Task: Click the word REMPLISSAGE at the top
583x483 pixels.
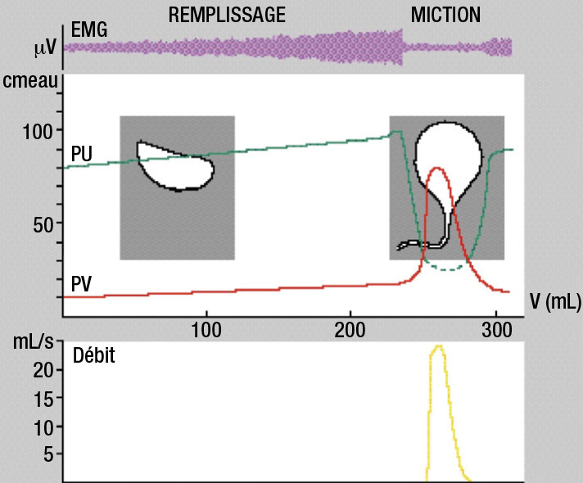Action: tap(227, 14)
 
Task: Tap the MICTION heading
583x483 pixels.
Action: tap(445, 14)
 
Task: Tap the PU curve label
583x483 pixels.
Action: tap(81, 152)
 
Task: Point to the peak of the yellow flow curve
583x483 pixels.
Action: tap(439, 346)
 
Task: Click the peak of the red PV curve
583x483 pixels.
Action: tap(437, 169)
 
